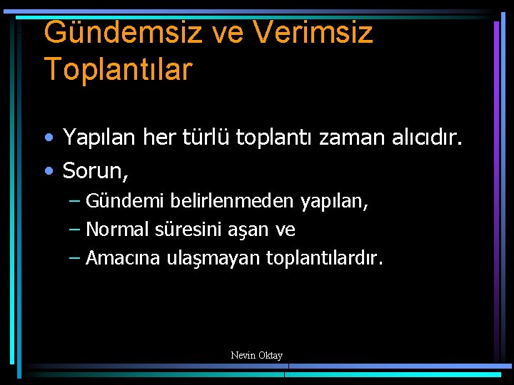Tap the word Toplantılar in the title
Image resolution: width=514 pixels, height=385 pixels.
coord(118,69)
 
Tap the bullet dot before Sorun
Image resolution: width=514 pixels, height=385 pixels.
coord(49,171)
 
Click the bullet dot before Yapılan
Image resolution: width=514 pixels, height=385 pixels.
coord(49,137)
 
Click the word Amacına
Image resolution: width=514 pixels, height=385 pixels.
coord(118,258)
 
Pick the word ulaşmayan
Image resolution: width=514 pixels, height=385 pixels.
coord(206,259)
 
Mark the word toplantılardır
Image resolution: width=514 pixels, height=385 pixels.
coord(324,258)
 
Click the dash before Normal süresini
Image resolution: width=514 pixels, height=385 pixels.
coord(76,230)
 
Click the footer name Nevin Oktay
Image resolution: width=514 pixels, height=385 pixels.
coord(257,355)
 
